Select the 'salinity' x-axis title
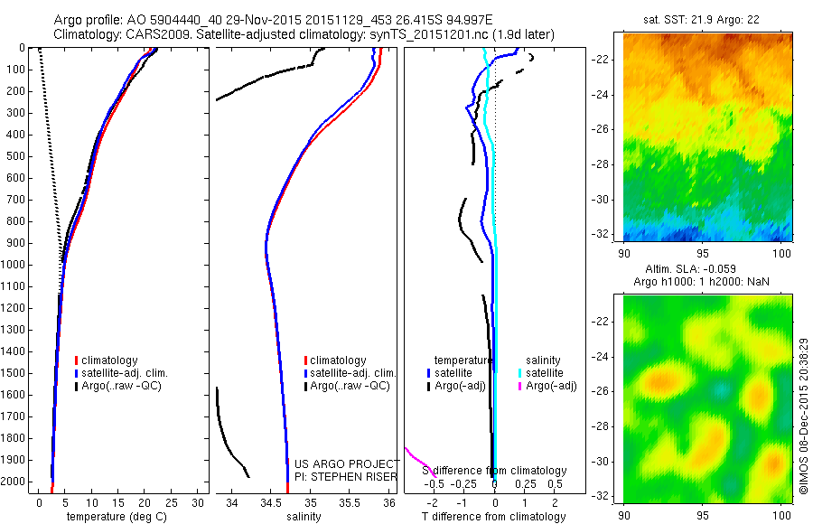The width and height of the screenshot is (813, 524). pyautogui.click(x=304, y=517)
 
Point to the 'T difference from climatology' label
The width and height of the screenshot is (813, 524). pyautogui.click(x=493, y=517)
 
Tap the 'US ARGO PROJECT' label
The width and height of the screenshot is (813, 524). pyautogui.click(x=347, y=463)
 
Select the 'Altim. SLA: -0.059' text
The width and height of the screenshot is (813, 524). pyautogui.click(x=708, y=269)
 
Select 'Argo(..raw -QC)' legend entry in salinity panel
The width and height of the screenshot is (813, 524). pyautogui.click(x=350, y=386)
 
